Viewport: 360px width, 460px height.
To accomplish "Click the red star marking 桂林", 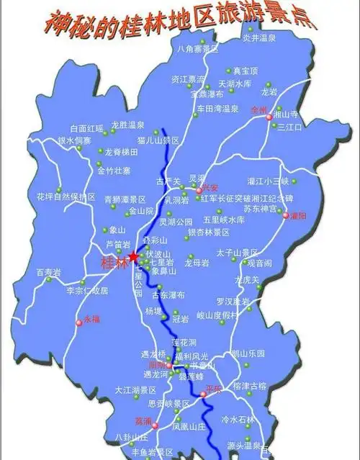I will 134,256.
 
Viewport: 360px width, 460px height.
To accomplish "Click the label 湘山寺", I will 289,114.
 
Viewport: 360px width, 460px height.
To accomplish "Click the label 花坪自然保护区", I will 66,196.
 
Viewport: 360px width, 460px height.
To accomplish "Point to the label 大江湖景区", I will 135,390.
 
